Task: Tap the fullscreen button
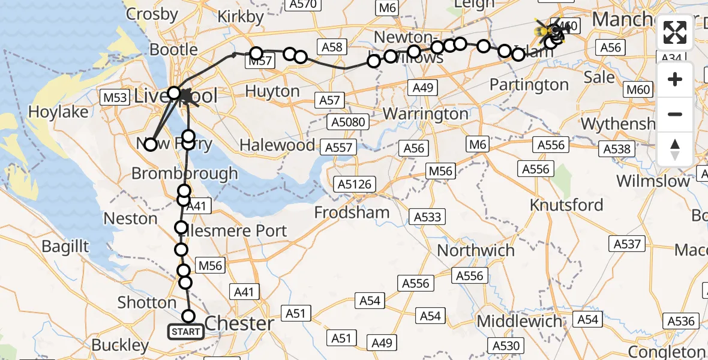[x=675, y=32]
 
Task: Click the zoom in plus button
[x=675, y=79]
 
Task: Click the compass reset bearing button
[x=675, y=149]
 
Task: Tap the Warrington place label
[x=425, y=113]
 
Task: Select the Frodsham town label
[x=352, y=212]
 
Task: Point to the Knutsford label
[x=566, y=205]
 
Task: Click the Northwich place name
[x=476, y=250]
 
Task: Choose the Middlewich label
[x=520, y=321]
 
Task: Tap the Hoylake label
[x=58, y=112]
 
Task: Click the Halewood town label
[x=277, y=145]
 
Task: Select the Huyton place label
[x=273, y=91]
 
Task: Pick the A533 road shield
[x=427, y=217]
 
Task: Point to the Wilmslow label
[x=653, y=181]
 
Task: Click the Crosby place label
[x=152, y=13]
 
